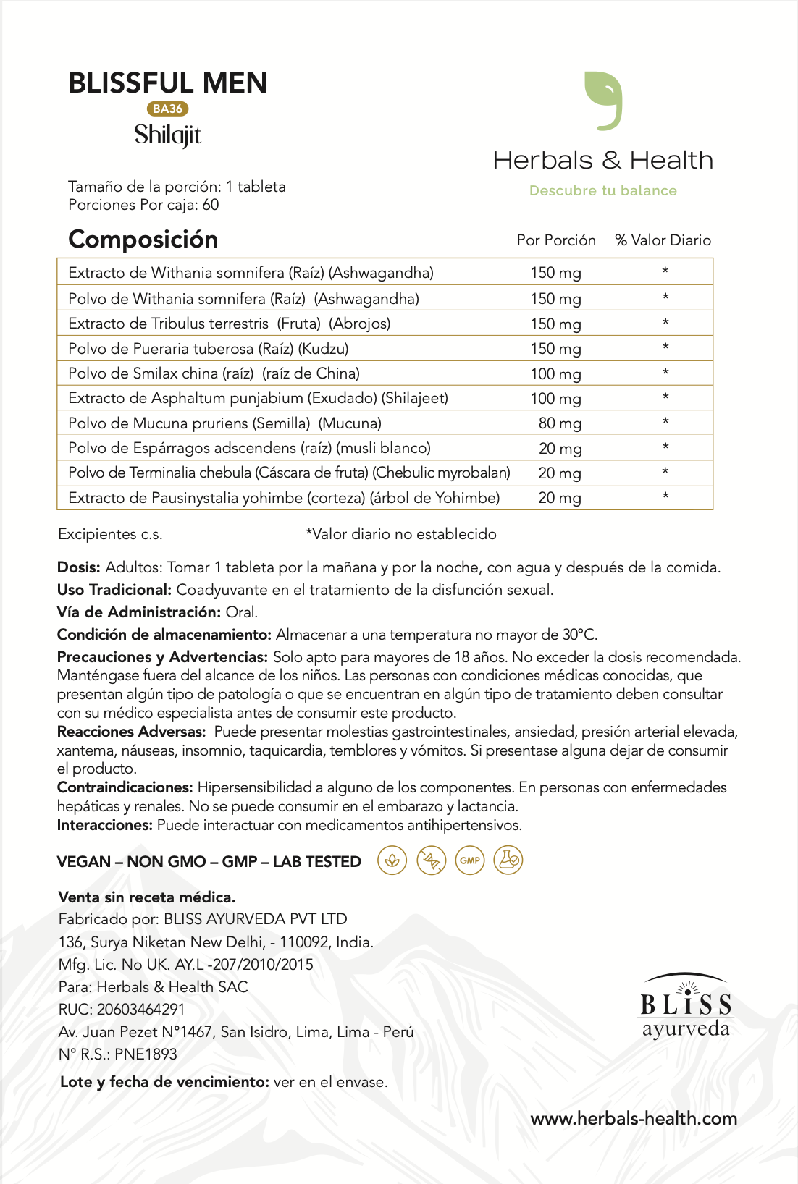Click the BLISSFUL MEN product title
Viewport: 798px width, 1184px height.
(x=168, y=83)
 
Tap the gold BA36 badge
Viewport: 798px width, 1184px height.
(x=167, y=109)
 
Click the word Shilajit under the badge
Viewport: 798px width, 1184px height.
(x=167, y=135)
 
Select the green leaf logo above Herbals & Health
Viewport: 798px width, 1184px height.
(x=603, y=101)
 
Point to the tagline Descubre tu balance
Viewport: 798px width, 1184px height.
(x=602, y=190)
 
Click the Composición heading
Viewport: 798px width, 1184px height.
(x=143, y=239)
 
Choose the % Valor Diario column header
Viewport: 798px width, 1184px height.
(x=663, y=240)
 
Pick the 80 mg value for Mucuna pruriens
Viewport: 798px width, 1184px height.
(x=559, y=423)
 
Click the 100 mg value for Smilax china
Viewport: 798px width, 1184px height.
(x=555, y=374)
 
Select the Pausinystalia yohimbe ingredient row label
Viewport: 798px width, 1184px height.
(x=284, y=498)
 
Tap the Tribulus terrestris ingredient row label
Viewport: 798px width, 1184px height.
(x=229, y=324)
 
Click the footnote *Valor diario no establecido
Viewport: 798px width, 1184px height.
(x=400, y=534)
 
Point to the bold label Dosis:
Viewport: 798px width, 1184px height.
(x=79, y=567)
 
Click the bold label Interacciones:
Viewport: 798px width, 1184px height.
(x=105, y=825)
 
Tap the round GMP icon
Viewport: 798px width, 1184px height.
(x=469, y=860)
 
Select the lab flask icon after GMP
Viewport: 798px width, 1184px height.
(x=508, y=860)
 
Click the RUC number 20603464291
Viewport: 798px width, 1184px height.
(x=140, y=1010)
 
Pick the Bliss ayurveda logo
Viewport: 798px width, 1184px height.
(x=685, y=1007)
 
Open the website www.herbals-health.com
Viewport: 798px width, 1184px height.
(x=634, y=1118)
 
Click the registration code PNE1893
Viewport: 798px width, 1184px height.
(x=146, y=1054)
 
